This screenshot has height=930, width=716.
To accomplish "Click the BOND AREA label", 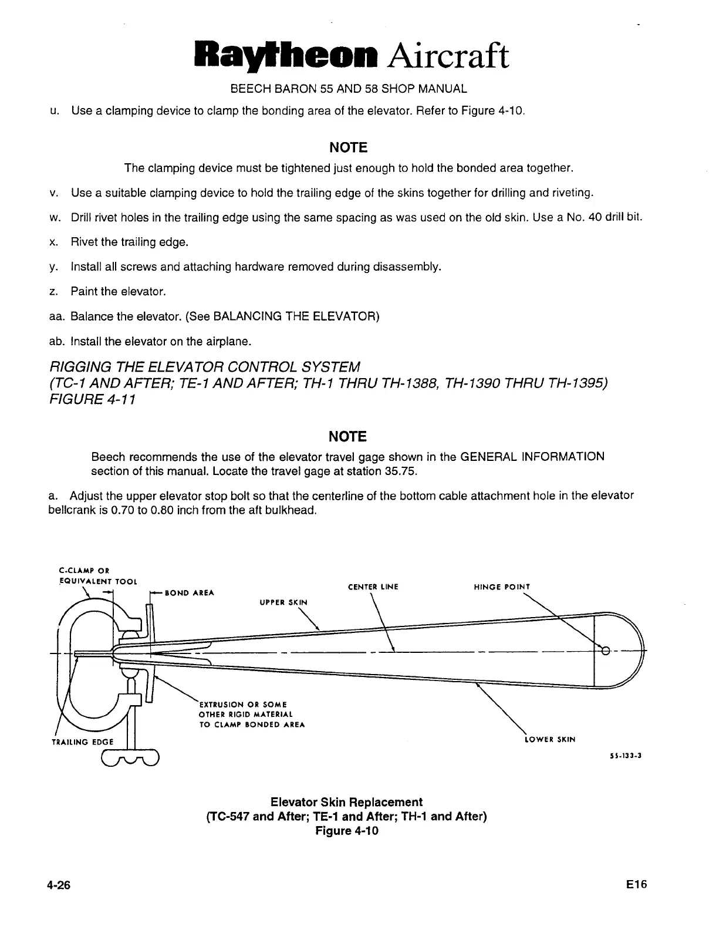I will (190, 593).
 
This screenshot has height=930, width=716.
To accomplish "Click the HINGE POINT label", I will (501, 587).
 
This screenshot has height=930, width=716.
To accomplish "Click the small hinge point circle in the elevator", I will (606, 651).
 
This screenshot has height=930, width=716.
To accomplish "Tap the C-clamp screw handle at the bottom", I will (130, 758).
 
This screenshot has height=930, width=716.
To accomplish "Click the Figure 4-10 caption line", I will (346, 831).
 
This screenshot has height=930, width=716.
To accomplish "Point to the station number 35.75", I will (401, 471).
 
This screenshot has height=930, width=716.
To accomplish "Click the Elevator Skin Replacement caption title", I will (346, 802).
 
